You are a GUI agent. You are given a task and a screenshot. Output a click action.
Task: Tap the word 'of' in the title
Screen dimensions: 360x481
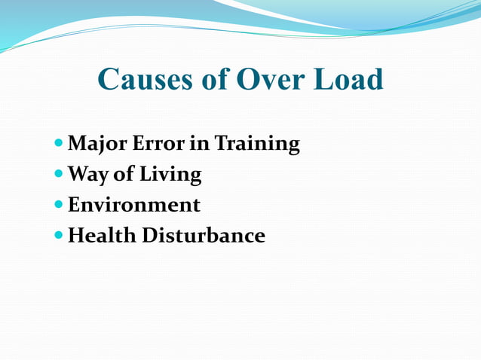(213, 80)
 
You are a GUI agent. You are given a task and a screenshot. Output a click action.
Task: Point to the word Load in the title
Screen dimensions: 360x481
(350, 80)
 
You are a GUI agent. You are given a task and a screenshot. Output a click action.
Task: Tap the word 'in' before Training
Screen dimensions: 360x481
(198, 143)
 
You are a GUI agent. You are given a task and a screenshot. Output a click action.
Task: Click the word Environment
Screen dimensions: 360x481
(134, 205)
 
